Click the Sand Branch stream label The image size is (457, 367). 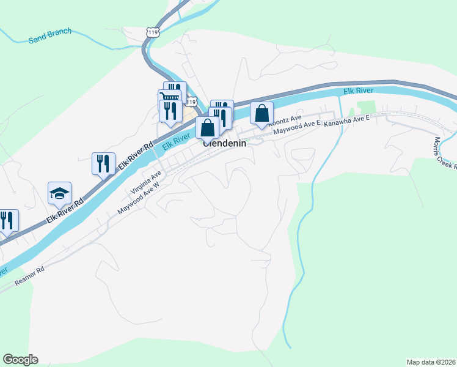(x=50, y=36)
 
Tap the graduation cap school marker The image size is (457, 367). (x=59, y=193)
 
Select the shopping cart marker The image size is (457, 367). (x=169, y=98)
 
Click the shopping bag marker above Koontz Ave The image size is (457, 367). (x=261, y=114)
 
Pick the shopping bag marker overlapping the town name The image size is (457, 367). (x=208, y=128)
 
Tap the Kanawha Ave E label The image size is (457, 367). (x=347, y=121)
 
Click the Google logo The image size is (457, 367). (x=20, y=360)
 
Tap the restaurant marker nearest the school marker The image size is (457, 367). (x=103, y=163)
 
